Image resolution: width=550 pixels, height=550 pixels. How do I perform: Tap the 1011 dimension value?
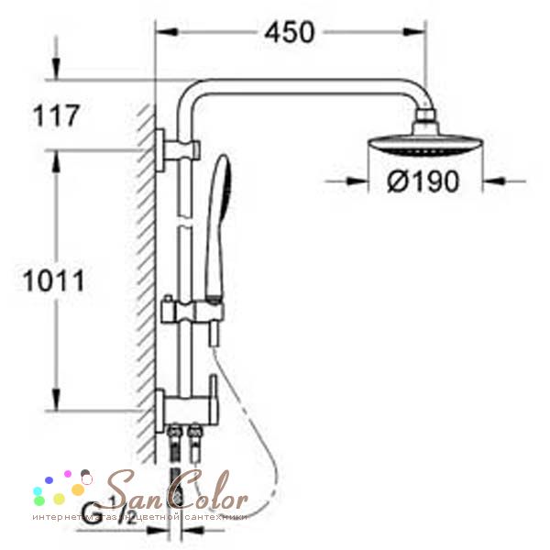tap(53, 280)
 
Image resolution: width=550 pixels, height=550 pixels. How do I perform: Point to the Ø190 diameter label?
tap(422, 181)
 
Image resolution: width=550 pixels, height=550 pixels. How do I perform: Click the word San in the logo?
tap(137, 493)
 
